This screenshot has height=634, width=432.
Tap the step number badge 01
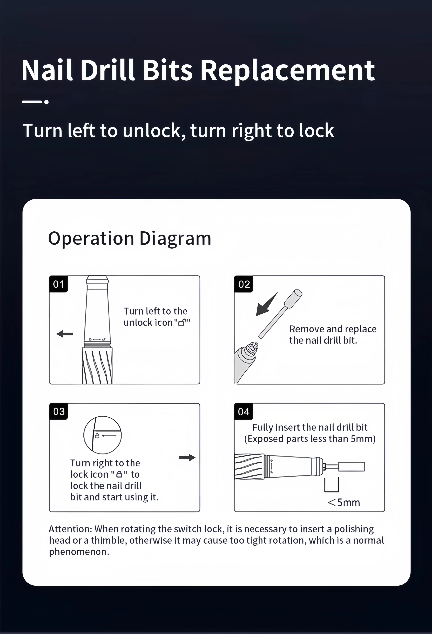click(x=58, y=284)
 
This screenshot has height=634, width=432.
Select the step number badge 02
click(x=244, y=284)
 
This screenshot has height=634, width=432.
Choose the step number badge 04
click(x=243, y=411)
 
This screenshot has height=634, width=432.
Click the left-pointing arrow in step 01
click(x=65, y=334)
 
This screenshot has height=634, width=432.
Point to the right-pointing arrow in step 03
click(x=187, y=458)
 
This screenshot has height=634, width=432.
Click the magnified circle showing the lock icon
click(x=102, y=435)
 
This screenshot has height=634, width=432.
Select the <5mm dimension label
click(x=344, y=502)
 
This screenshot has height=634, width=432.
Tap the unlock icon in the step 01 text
click(x=182, y=322)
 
